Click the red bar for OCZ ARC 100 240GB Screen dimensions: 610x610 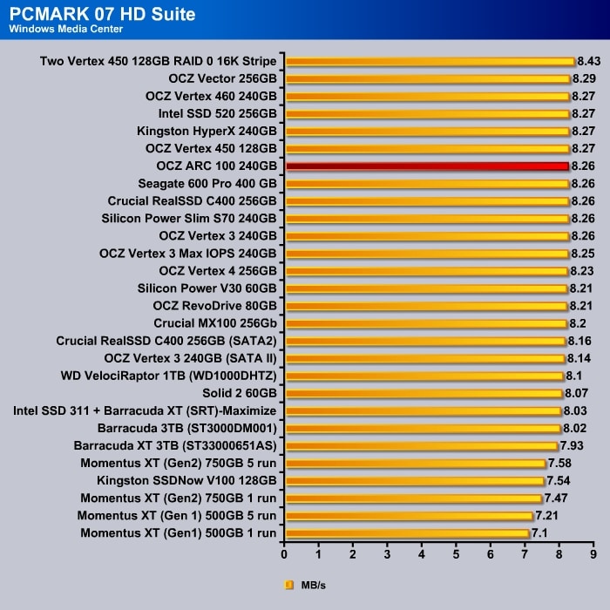pyautogui.click(x=427, y=166)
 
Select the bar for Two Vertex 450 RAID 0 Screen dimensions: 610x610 pyautogui.click(x=430, y=61)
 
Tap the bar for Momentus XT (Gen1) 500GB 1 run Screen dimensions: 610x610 pyautogui.click(x=407, y=532)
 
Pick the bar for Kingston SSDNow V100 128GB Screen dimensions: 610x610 pyautogui.click(x=415, y=480)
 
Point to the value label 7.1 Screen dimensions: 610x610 pyautogui.click(x=541, y=532)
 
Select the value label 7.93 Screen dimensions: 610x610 pyautogui.click(x=572, y=445)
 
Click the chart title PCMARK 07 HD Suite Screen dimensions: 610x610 pyautogui.click(x=103, y=15)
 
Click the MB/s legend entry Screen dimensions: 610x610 pyautogui.click(x=306, y=586)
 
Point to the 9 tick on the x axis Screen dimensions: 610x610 pyautogui.click(x=593, y=553)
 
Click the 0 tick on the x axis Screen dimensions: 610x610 pyautogui.click(x=284, y=553)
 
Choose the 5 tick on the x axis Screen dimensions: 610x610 pyautogui.click(x=456, y=553)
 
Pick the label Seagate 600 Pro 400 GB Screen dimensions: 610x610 pyautogui.click(x=207, y=183)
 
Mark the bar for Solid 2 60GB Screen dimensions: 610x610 pyautogui.click(x=424, y=393)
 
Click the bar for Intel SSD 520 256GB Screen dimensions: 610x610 pyautogui.click(x=427, y=113)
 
